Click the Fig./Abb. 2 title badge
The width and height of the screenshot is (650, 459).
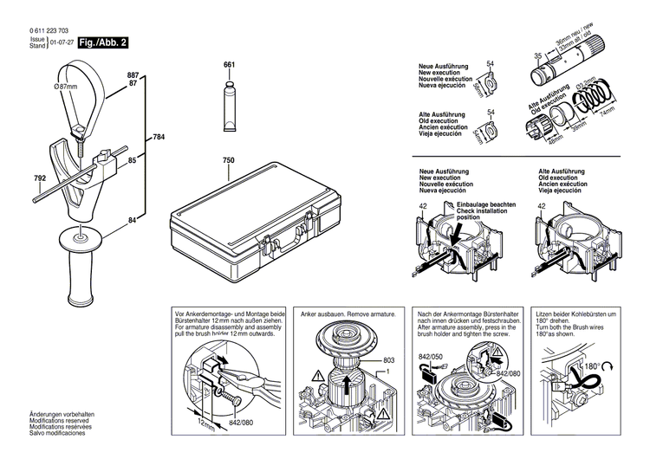(x=103, y=42)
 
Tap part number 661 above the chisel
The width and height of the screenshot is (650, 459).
(x=229, y=65)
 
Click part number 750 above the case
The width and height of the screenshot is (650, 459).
(x=229, y=161)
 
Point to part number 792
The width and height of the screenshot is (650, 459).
(x=40, y=179)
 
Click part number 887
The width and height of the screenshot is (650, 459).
(x=133, y=76)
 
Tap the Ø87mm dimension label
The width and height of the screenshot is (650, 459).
(x=66, y=87)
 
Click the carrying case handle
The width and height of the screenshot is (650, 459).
(x=302, y=234)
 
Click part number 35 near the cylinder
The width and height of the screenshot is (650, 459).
(x=538, y=55)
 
